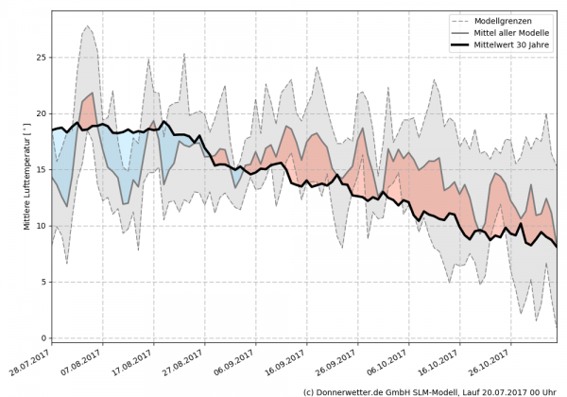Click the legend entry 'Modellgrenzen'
tap(511, 21)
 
